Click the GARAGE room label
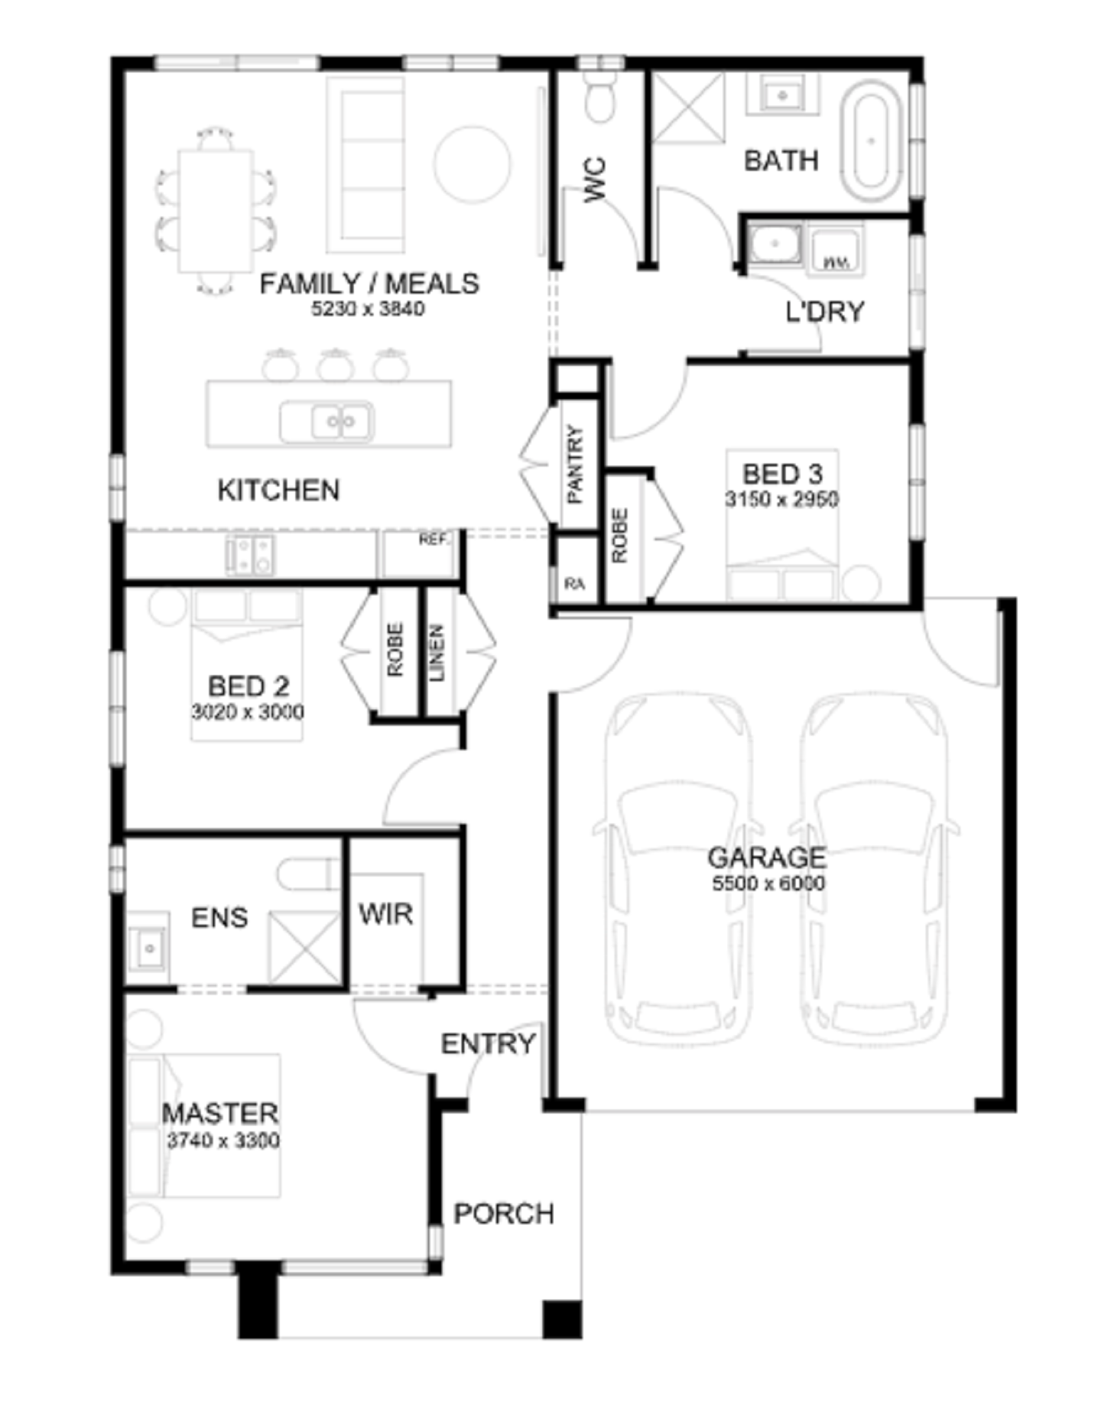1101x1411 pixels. (x=767, y=858)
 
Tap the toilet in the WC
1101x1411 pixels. (x=599, y=96)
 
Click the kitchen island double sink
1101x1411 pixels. (x=326, y=421)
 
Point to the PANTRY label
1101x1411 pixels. (x=575, y=464)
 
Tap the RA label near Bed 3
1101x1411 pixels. (x=574, y=584)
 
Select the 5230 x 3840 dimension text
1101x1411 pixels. (x=368, y=309)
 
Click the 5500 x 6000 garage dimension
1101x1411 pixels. (x=768, y=884)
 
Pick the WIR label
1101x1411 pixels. (x=386, y=913)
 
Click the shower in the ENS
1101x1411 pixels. (x=304, y=946)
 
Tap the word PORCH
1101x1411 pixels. (x=504, y=1214)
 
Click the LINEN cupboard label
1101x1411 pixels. (x=437, y=654)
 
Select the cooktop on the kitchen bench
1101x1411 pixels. (x=250, y=554)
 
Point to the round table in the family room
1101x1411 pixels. (x=472, y=164)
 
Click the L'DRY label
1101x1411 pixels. (x=825, y=312)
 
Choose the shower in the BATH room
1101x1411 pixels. (x=687, y=107)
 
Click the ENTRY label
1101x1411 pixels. (x=488, y=1043)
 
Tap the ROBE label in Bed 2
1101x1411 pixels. (x=395, y=650)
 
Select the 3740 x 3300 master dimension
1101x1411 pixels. (x=223, y=1140)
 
